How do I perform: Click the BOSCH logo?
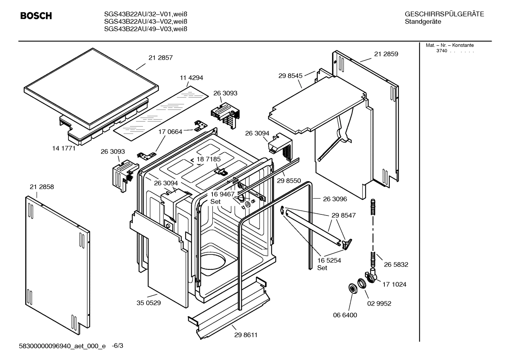(x=36, y=16)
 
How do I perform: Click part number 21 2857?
(x=160, y=58)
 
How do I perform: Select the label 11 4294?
(x=191, y=78)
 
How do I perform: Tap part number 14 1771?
(x=64, y=148)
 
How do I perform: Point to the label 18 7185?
(x=209, y=159)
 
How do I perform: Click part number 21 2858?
(x=42, y=187)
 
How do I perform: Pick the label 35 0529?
(x=149, y=303)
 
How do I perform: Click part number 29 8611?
(x=246, y=335)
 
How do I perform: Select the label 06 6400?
(x=345, y=315)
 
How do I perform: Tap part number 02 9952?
(x=379, y=303)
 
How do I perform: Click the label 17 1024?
(x=394, y=284)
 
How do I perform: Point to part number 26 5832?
(x=396, y=265)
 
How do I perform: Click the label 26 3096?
(x=335, y=199)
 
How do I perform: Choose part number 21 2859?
(x=386, y=54)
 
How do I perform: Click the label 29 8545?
(x=290, y=76)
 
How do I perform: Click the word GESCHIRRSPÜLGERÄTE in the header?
(x=444, y=14)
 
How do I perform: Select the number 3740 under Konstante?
(x=441, y=51)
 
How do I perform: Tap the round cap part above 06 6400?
(x=352, y=288)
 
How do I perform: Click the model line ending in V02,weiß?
(x=145, y=22)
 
